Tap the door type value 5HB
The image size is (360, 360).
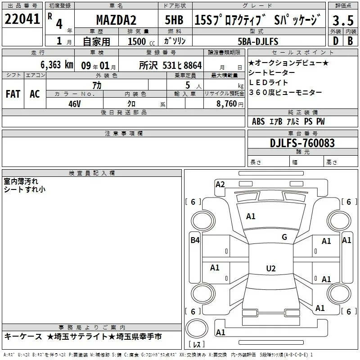tap(174, 20)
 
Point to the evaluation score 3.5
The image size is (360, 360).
tap(342, 20)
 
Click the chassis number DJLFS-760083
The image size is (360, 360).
tap(302, 143)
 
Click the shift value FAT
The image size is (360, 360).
tap(13, 94)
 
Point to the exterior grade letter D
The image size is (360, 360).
tap(335, 41)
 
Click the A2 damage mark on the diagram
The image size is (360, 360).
tap(220, 184)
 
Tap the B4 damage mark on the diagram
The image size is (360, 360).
tap(195, 240)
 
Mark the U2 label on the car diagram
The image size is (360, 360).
tap(270, 269)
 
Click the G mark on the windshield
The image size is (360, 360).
tap(284, 237)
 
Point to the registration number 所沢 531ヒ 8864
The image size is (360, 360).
tap(171, 65)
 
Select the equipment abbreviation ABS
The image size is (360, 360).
tap(258, 121)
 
